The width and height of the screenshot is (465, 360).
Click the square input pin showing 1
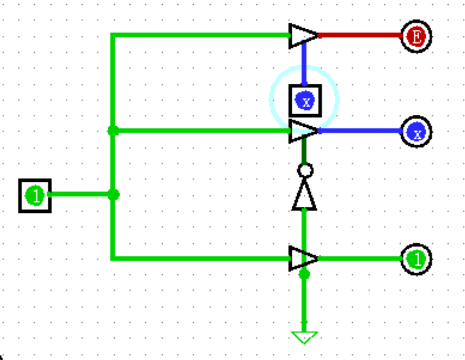[35, 195]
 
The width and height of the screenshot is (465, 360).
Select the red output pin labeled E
[416, 36]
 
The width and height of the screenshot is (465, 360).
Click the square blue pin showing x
[305, 100]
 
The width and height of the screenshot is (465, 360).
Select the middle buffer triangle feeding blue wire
[302, 131]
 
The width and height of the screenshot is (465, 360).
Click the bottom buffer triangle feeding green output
[302, 259]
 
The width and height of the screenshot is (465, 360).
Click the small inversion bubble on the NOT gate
[305, 170]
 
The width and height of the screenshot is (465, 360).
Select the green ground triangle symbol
[304, 338]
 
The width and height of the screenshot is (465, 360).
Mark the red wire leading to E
[359, 35]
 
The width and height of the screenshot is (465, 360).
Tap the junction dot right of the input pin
[113, 195]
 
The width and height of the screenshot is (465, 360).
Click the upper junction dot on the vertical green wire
[113, 131]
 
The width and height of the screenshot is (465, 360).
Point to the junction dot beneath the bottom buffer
[304, 274]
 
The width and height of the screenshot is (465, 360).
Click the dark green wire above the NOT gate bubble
[304, 153]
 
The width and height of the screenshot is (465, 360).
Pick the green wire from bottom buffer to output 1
[359, 259]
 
